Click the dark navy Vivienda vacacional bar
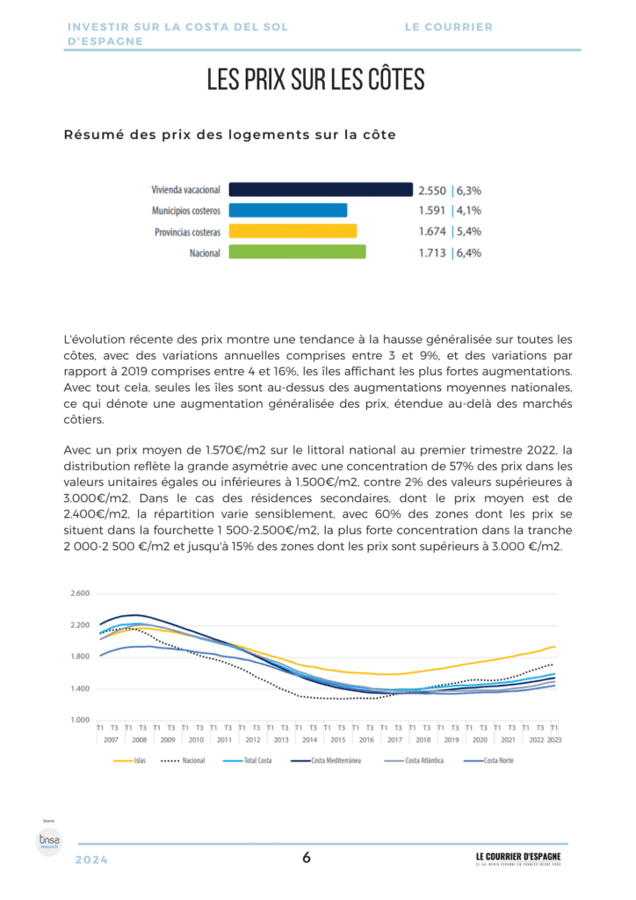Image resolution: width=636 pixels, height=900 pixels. tap(321, 189)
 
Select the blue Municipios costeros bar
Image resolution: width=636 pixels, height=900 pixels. tap(288, 210)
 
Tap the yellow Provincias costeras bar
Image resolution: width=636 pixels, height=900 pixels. tap(293, 231)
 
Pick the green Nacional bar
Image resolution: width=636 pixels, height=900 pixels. tap(297, 252)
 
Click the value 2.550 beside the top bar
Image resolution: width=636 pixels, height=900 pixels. tap(431, 190)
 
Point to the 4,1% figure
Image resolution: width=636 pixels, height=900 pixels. tap(467, 211)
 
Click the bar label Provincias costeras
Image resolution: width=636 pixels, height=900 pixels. tap(187, 232)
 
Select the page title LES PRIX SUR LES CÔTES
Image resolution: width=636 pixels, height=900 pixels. tap(316, 80)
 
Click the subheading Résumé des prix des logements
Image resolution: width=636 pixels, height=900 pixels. tap(229, 134)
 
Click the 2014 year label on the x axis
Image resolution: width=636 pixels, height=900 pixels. tap(309, 741)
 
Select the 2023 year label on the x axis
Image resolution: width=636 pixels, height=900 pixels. tap(553, 741)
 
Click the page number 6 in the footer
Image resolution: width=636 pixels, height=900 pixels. tap(307, 859)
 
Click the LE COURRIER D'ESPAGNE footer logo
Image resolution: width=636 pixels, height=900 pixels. tap(517, 858)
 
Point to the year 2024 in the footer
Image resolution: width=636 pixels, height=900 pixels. tap(91, 860)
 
